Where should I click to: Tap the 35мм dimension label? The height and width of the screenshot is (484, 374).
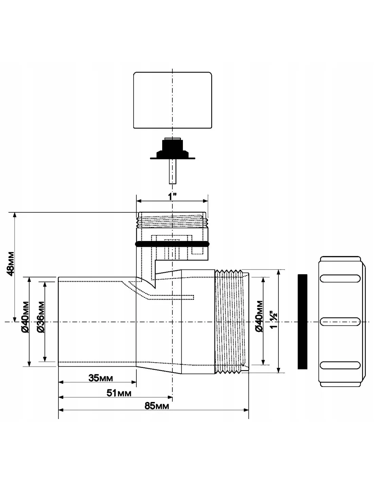point(101,378)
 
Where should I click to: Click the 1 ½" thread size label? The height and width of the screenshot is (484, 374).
point(273,319)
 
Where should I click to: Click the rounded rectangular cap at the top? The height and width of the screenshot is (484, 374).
point(172,100)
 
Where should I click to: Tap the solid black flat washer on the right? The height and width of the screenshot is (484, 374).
point(302,321)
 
